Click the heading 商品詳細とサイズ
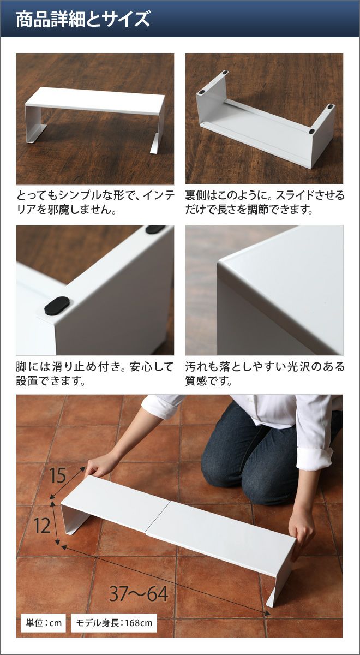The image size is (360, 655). pyautogui.click(x=83, y=19)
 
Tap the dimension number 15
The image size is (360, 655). pyautogui.click(x=57, y=475)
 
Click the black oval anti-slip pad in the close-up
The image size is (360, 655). pyautogui.click(x=57, y=306)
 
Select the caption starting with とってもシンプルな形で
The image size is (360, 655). pyautogui.click(x=95, y=203)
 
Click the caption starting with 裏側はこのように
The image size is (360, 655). pyautogui.click(x=265, y=203)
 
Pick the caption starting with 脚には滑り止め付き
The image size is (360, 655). pyautogui.click(x=95, y=374)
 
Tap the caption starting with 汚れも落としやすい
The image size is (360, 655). pyautogui.click(x=265, y=374)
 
